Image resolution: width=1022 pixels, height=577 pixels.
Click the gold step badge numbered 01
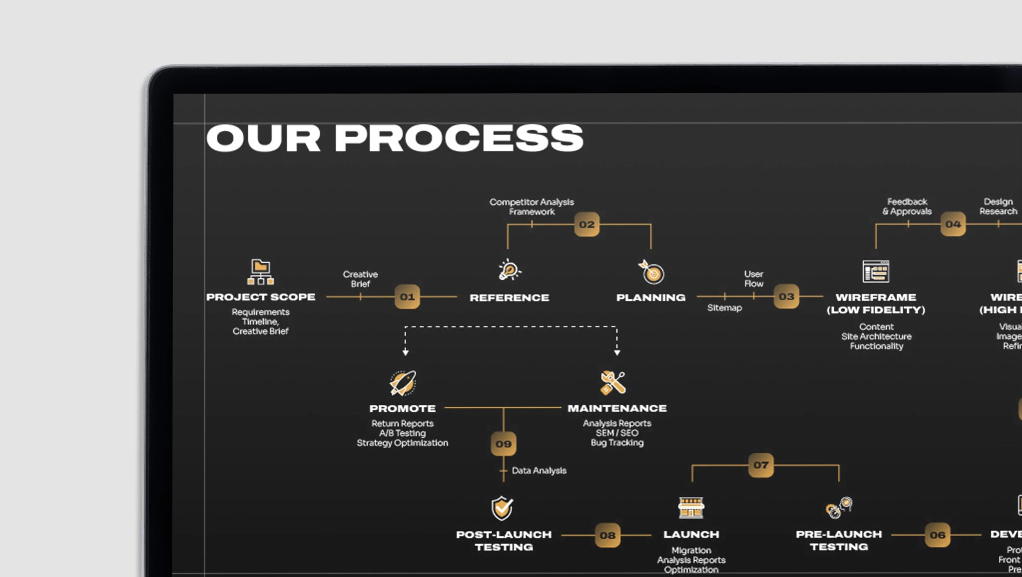tap(407, 297)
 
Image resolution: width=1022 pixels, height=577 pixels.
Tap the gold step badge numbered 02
tap(587, 224)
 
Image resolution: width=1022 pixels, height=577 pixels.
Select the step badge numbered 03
tap(786, 296)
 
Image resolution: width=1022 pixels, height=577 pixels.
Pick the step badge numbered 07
tap(761, 465)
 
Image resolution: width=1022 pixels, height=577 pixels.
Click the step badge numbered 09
tap(503, 444)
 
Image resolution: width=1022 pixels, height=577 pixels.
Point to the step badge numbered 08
tap(607, 535)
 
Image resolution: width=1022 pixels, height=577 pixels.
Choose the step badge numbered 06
tap(937, 535)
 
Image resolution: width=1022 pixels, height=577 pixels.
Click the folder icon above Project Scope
tap(260, 272)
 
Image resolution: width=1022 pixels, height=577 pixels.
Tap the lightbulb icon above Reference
tap(509, 270)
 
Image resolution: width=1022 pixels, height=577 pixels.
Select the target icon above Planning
tap(652, 273)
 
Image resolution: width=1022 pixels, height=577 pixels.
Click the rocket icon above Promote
tap(403, 383)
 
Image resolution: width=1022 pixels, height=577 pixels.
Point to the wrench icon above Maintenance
tap(613, 383)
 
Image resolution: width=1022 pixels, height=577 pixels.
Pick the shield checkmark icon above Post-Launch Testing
tap(502, 508)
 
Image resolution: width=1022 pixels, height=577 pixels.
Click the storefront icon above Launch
tap(691, 508)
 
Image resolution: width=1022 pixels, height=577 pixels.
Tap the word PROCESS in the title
tap(459, 138)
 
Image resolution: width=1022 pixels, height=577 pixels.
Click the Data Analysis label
tap(539, 471)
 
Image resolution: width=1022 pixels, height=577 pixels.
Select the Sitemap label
tap(724, 308)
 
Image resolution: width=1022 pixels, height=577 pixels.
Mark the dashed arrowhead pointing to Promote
tap(405, 352)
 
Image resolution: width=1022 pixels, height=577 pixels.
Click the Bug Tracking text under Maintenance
tap(617, 443)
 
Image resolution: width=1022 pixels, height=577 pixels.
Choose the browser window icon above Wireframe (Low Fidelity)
tap(876, 271)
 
